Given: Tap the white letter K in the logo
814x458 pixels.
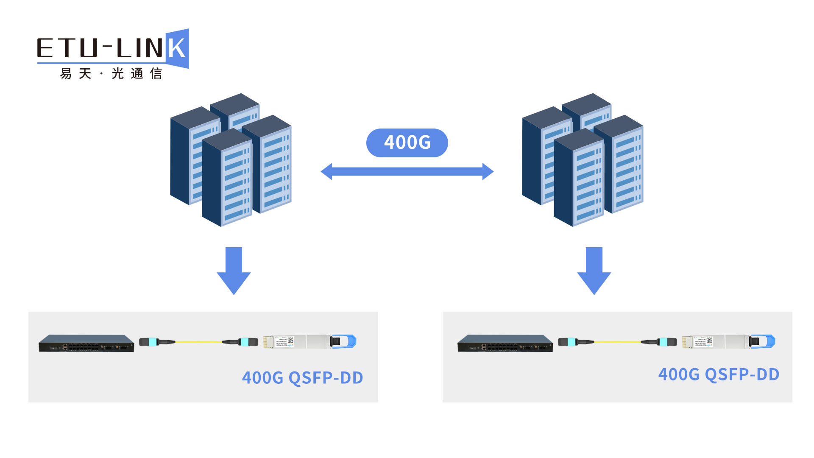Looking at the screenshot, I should (177, 48).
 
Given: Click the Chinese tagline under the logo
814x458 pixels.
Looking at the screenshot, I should (111, 73).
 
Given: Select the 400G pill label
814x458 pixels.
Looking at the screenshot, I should (407, 142).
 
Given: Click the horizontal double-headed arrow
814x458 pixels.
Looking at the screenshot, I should (407, 171).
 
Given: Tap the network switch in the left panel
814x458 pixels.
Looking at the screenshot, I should (86, 343).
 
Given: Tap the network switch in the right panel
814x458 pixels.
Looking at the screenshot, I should (505, 343).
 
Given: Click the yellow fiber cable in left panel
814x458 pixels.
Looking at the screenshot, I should (198, 341).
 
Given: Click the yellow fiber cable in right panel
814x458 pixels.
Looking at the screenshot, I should (617, 341).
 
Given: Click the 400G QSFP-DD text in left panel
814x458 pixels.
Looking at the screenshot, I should (302, 377).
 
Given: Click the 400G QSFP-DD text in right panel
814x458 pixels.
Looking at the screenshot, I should (719, 374).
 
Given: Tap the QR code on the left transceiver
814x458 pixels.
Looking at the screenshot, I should (290, 340).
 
